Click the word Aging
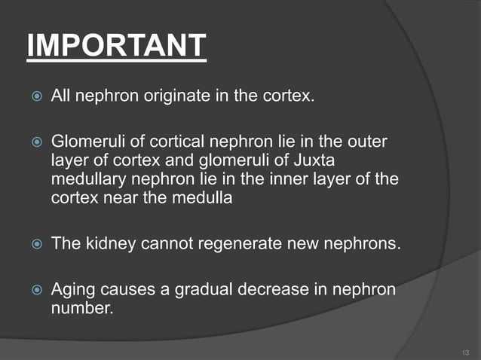(x=71, y=289)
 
